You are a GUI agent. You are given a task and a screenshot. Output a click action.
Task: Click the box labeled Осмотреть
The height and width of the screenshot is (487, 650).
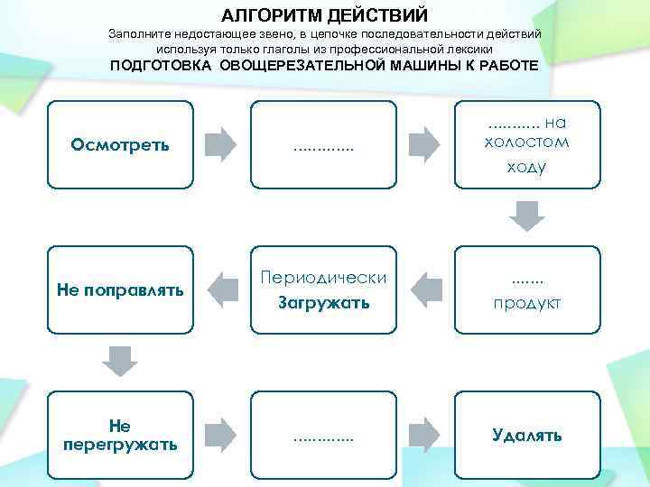(119, 144)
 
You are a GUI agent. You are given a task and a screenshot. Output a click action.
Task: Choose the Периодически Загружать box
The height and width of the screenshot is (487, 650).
(323, 289)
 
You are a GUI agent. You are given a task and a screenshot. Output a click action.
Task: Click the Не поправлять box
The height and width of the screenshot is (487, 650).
(119, 289)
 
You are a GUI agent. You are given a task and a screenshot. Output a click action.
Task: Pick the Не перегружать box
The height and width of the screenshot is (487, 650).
(119, 435)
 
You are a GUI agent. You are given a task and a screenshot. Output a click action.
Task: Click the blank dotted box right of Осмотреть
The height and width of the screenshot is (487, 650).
(323, 144)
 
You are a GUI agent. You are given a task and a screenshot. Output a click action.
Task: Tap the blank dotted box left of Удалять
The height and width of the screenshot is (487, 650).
(323, 435)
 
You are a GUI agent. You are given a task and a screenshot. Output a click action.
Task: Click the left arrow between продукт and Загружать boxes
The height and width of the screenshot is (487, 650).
(425, 289)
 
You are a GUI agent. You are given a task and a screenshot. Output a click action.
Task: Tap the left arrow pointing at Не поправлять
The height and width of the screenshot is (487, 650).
(221, 289)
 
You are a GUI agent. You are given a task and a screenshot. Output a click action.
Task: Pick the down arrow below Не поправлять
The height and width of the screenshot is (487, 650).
(119, 361)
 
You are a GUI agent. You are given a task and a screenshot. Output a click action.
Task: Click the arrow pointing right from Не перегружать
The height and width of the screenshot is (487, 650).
(220, 433)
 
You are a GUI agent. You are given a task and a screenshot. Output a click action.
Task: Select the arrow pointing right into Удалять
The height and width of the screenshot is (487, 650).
(424, 433)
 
